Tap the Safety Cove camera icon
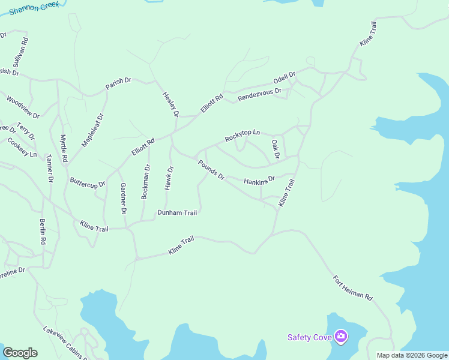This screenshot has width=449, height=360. pos(341,337)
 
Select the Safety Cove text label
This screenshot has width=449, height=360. pos(310,337)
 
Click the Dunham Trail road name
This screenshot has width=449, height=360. pos(177,212)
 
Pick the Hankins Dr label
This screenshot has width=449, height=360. pos(259,179)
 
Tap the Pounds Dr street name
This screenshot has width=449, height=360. pos(211,169)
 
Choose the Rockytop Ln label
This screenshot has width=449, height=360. pos(243,136)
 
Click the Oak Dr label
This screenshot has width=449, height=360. pos(276,149)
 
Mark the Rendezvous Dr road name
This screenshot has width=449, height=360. pos(259,94)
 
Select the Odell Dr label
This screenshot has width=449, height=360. pos(285,79)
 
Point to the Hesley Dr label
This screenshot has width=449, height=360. pos(171,104)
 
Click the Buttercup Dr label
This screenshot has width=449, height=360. pos(88,181)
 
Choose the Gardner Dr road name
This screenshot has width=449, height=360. pos(123,198)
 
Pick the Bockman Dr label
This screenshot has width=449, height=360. pos(145,182)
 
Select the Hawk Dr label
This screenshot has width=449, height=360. pos(169,178)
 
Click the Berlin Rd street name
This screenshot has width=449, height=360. pos(43,232)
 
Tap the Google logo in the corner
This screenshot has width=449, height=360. pos(20,353)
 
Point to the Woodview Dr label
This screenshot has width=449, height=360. pos(23,106)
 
